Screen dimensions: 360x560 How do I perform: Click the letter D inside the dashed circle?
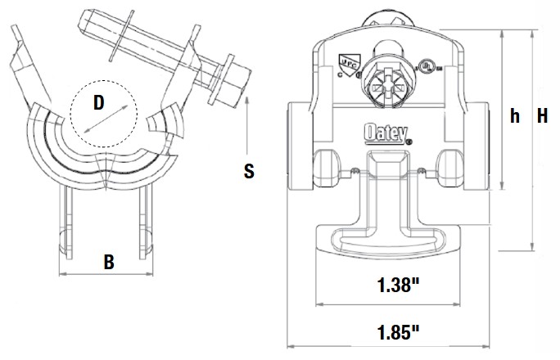click(x=98, y=103)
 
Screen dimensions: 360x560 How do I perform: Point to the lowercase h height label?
click(x=514, y=116)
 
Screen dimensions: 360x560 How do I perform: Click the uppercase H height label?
click(x=541, y=116)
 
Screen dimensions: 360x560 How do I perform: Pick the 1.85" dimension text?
click(x=400, y=331)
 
